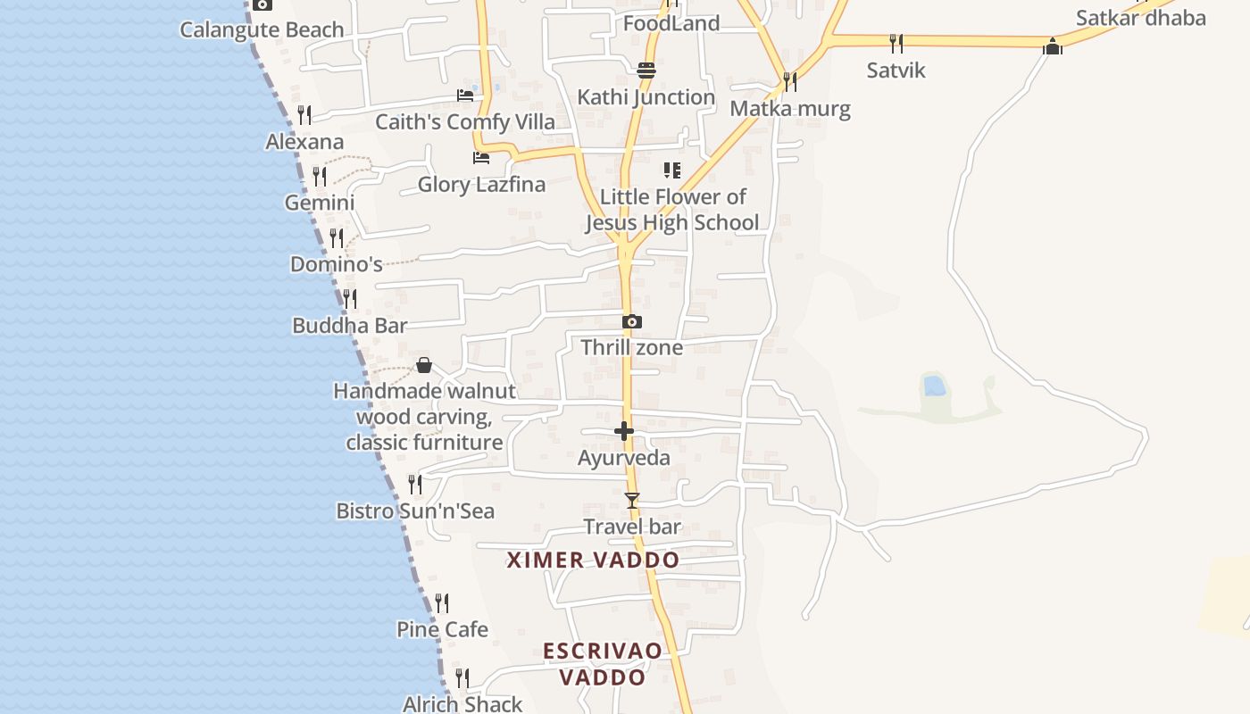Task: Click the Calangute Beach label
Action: click(262, 29)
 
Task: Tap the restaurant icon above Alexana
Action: click(304, 114)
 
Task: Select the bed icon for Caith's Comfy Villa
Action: click(465, 95)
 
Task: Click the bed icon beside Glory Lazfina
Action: click(481, 158)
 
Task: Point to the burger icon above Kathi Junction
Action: click(646, 70)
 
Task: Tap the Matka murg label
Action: click(790, 109)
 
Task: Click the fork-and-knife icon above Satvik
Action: click(896, 43)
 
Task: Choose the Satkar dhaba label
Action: click(1140, 18)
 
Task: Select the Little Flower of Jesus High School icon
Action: click(671, 170)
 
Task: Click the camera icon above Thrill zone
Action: click(632, 321)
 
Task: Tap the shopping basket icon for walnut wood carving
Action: click(424, 365)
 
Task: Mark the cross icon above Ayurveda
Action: click(624, 431)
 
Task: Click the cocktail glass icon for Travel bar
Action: click(632, 500)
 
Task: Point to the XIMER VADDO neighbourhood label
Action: click(593, 560)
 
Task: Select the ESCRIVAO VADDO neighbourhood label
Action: click(603, 663)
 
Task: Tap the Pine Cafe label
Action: click(442, 629)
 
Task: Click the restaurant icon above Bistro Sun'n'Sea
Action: click(415, 484)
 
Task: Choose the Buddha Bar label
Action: click(350, 326)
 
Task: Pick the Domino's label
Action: click(337, 264)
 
